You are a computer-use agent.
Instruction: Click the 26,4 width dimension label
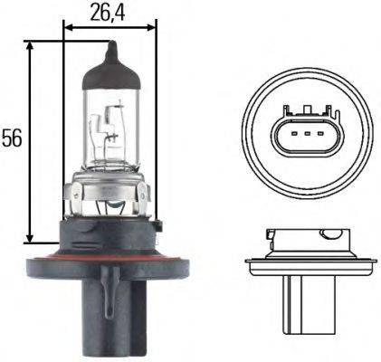tap(108, 13)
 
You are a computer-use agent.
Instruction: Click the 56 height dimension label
tap(12, 138)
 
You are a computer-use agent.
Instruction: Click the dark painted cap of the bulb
tap(111, 72)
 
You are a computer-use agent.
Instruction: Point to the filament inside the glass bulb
tap(108, 127)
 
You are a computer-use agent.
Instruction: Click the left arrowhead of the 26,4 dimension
tap(70, 28)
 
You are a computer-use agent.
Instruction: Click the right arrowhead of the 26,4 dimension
tap(151, 28)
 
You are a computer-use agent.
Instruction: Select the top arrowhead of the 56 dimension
tap(29, 46)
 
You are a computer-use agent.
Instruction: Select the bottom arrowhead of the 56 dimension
tap(29, 238)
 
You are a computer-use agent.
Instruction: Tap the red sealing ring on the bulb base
tap(109, 257)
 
